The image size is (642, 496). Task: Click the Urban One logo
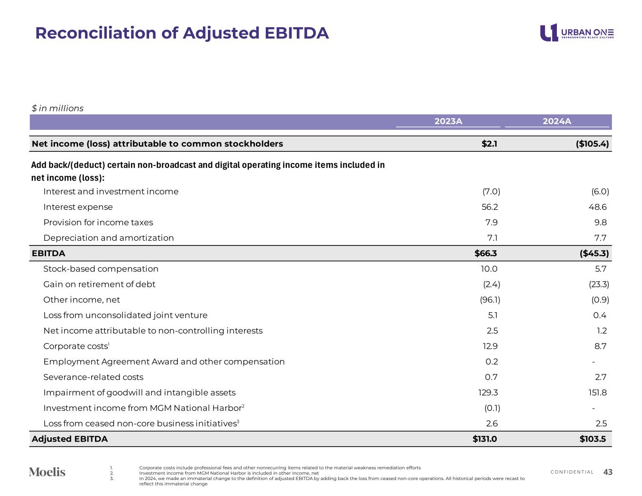[x=577, y=32]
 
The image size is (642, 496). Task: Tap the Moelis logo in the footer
[x=47, y=472]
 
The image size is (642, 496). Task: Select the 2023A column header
[x=448, y=121]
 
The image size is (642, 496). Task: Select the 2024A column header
[x=557, y=121]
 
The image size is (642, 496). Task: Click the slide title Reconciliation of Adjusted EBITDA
[x=182, y=33]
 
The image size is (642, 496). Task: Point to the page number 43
[x=608, y=472]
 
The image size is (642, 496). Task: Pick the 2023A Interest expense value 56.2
[x=489, y=207]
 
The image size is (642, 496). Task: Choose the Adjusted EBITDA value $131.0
[x=484, y=439]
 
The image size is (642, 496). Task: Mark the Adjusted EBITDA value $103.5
[x=593, y=439]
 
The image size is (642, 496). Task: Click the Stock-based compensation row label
[x=101, y=269]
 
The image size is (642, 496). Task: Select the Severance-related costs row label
[x=93, y=377]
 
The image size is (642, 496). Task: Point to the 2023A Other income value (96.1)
[x=490, y=300]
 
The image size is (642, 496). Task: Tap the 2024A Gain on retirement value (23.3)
[x=599, y=284]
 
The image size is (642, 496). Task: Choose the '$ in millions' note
[x=57, y=109]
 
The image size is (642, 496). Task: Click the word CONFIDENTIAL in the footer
[x=572, y=472]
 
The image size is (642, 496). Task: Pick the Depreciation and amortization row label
[x=108, y=238]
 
